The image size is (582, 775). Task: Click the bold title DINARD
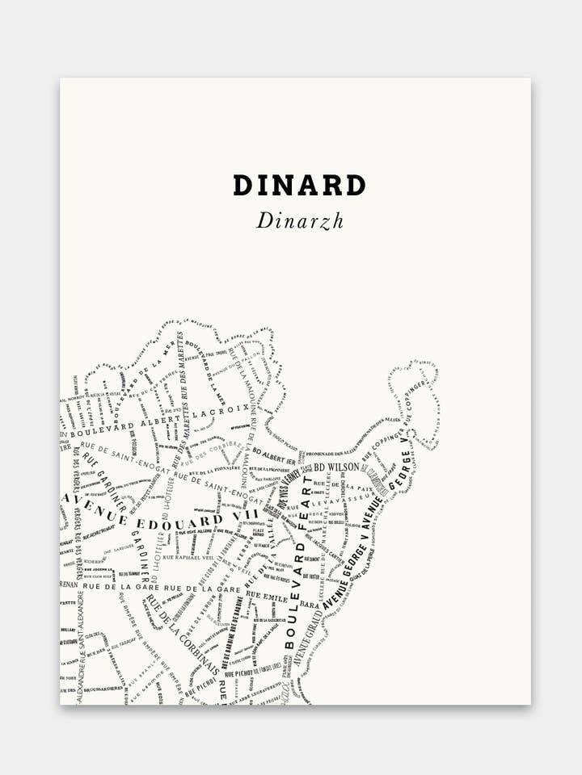click(299, 185)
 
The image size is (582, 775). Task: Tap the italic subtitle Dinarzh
click(300, 220)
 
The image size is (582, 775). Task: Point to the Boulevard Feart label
click(299, 549)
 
